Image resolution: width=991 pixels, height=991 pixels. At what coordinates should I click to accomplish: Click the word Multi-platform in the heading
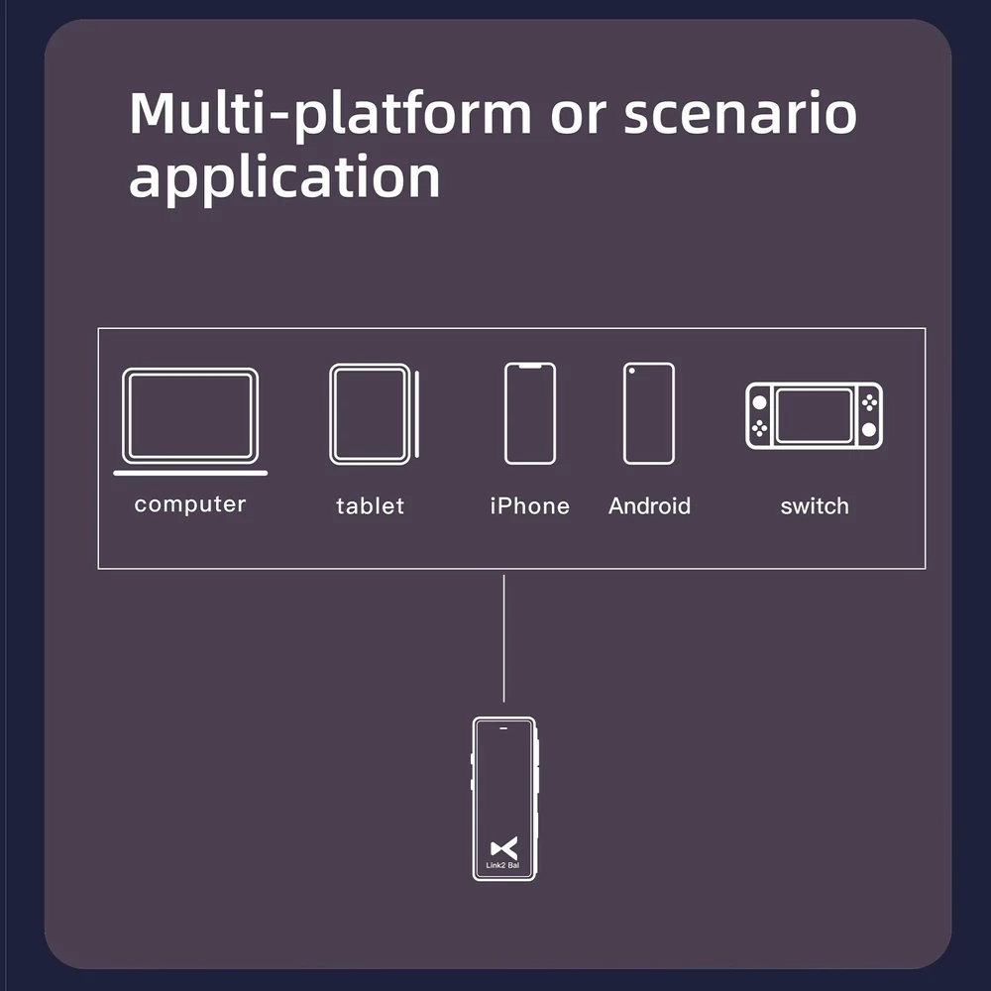point(331,115)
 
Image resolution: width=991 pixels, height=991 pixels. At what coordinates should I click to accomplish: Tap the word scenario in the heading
point(740,114)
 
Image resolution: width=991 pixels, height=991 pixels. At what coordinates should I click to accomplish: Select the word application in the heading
point(284,177)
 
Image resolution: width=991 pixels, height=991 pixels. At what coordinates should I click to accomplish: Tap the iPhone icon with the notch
point(530,413)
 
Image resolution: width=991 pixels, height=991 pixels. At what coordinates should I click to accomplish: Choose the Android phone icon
point(649,413)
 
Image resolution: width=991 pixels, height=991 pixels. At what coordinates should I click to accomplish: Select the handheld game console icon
point(814,416)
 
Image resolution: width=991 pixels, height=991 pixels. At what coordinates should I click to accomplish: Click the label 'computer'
point(190,504)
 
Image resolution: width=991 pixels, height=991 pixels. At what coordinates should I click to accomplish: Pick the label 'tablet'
point(371,505)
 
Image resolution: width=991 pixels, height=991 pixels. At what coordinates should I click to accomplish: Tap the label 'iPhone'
point(530,505)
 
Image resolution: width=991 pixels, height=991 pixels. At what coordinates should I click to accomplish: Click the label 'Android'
point(649,505)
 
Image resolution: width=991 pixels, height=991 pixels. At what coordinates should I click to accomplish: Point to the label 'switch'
point(815,505)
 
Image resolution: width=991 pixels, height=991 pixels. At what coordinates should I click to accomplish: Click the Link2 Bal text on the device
point(502,865)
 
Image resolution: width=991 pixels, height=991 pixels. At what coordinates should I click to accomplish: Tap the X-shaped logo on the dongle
point(503,848)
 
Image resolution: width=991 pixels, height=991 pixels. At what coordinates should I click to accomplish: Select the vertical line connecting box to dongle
point(503,638)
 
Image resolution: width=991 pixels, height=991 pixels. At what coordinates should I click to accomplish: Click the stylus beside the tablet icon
point(417,414)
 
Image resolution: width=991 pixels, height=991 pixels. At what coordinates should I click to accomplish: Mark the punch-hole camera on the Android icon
point(631,371)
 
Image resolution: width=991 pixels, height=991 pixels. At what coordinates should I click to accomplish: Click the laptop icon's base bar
point(190,473)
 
